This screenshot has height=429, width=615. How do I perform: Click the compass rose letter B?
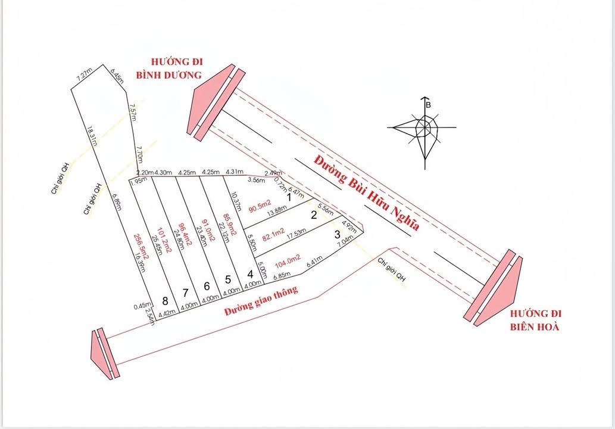pos(427,104)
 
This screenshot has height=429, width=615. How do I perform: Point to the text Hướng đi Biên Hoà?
pos(536,321)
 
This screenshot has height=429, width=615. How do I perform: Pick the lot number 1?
pos(289,196)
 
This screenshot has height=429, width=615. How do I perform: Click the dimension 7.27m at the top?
pos(84,75)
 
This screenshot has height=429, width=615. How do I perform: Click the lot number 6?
pos(207,286)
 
